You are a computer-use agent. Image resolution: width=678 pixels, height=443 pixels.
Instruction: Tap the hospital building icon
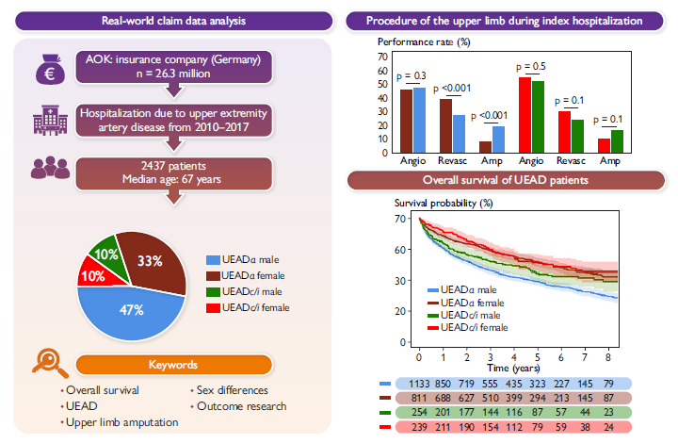(x=47, y=119)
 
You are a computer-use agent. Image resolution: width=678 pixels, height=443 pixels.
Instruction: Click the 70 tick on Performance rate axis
(x=382, y=57)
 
